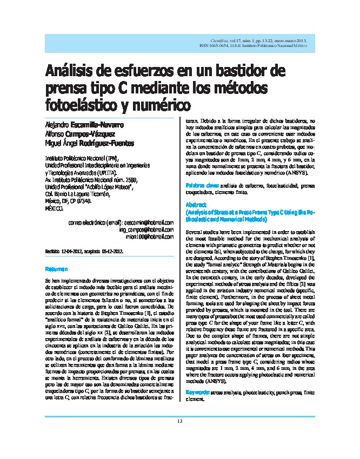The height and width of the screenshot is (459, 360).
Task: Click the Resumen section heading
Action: (x=56, y=268)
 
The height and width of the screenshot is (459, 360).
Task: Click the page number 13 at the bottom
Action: (x=180, y=436)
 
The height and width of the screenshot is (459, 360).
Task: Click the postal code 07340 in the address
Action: (x=95, y=200)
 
